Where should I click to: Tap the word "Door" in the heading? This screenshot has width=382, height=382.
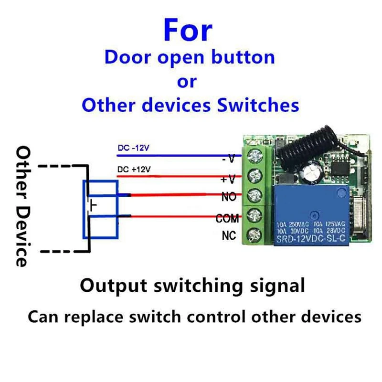click(125, 57)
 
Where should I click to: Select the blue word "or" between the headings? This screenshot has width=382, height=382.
click(187, 81)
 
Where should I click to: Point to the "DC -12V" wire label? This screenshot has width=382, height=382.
click(133, 148)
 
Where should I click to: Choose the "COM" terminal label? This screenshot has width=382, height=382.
click(227, 219)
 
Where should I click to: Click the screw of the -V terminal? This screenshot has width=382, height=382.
click(254, 154)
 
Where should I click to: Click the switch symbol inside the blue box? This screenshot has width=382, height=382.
click(92, 205)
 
